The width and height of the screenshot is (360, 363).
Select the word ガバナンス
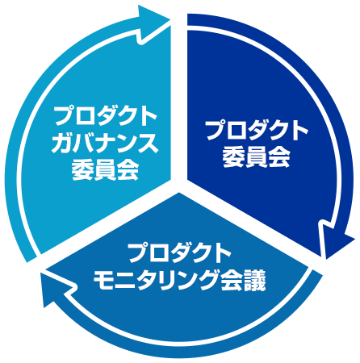[x=105, y=144]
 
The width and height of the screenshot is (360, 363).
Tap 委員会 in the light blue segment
[x=105, y=170]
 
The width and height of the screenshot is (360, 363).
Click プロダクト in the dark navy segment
[x=257, y=131]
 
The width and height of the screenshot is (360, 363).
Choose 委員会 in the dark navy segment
[x=257, y=157]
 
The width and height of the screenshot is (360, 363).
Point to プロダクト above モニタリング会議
[x=179, y=253]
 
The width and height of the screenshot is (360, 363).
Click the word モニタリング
[x=155, y=280]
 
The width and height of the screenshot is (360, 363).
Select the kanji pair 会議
[x=243, y=280]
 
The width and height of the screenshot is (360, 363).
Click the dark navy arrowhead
[x=335, y=240]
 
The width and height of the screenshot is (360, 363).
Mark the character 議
[x=255, y=280]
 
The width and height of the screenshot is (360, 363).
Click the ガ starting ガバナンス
[x=62, y=144]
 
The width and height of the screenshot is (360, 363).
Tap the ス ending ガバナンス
[x=148, y=144]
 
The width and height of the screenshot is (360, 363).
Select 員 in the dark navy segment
[x=257, y=157]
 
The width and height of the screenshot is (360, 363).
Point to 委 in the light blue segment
[x=82, y=170]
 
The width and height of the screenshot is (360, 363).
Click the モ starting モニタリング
[x=103, y=280]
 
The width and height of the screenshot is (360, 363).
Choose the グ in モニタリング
[x=207, y=280]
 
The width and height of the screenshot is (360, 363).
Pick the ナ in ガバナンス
[x=105, y=144]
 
